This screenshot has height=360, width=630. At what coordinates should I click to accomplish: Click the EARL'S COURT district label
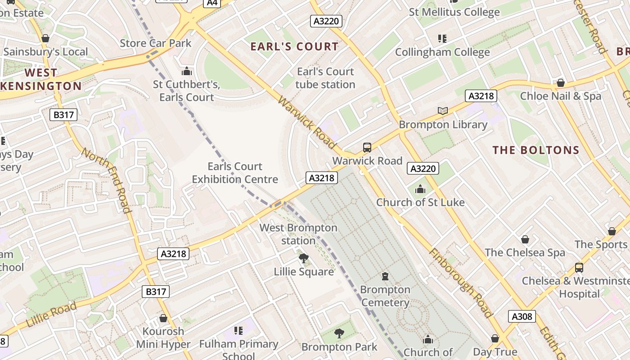[x=294, y=46]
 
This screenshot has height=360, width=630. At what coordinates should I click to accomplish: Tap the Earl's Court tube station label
[x=325, y=78]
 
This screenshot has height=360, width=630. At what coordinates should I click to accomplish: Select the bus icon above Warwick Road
[x=367, y=147]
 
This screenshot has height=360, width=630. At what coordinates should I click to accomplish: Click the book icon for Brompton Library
[x=443, y=111]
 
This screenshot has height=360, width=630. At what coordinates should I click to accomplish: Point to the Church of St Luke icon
[x=420, y=189]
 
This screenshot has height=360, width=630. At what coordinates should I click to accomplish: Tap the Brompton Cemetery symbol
[x=385, y=276]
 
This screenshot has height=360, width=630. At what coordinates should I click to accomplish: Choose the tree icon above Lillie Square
[x=304, y=258]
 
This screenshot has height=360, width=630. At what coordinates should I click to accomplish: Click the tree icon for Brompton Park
[x=339, y=333]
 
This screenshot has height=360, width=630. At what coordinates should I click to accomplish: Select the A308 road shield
[x=522, y=316]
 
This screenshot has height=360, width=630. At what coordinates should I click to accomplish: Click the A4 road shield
[x=212, y=3]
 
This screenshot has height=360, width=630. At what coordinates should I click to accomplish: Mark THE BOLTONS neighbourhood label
[x=535, y=150]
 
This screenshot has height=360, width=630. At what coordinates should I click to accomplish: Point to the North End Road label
[x=106, y=180]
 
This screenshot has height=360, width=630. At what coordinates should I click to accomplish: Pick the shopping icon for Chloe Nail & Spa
[x=561, y=83]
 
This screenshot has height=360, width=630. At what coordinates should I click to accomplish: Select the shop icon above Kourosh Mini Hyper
[x=163, y=318]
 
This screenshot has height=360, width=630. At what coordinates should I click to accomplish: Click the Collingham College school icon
[x=442, y=39]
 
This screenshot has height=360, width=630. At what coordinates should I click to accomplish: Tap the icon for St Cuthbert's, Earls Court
[x=186, y=71]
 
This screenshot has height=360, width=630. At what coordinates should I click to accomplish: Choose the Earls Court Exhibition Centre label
[x=235, y=173]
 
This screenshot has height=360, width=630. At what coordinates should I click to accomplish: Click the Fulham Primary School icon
[x=238, y=331]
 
